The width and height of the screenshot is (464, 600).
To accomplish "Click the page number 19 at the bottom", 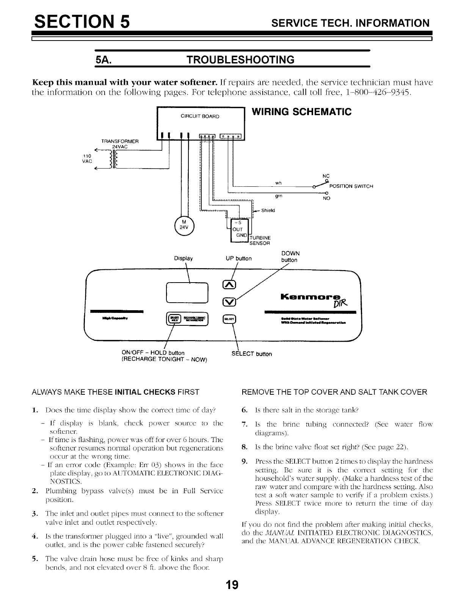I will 232,585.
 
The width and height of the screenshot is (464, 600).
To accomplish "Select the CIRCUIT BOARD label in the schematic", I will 200,116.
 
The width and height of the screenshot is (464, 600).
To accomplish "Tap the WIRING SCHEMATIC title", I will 302,112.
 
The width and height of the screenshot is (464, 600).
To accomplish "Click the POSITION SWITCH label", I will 351,186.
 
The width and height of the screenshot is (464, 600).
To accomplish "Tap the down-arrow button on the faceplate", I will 230,302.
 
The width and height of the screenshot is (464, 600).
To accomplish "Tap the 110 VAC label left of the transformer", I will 87,158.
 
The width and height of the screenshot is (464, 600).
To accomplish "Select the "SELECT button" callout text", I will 251,354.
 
